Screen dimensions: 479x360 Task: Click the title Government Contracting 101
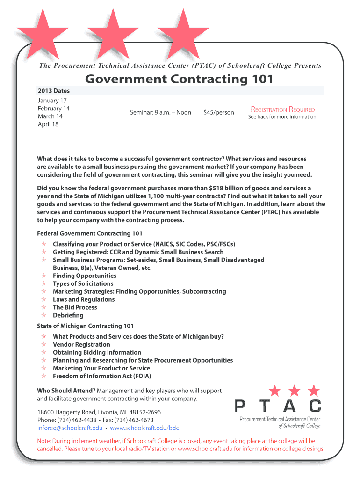coord(179,79)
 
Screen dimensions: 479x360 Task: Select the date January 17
coord(52,101)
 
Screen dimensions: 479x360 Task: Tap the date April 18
coord(48,124)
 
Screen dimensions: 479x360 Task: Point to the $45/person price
coord(219,112)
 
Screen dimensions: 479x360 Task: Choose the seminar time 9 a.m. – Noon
coord(160,112)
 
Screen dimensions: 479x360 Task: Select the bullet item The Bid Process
coord(75,307)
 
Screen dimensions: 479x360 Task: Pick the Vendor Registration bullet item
coord(81,344)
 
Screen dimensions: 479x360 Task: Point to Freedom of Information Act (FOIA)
coord(102,376)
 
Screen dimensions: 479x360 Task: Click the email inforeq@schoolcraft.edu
coord(70,428)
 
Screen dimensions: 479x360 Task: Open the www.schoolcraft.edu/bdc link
coord(144,428)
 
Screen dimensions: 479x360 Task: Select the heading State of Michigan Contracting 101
coord(85,326)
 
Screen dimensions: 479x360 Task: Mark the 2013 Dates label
coord(54,91)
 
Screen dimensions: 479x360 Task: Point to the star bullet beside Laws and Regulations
coord(43,299)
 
